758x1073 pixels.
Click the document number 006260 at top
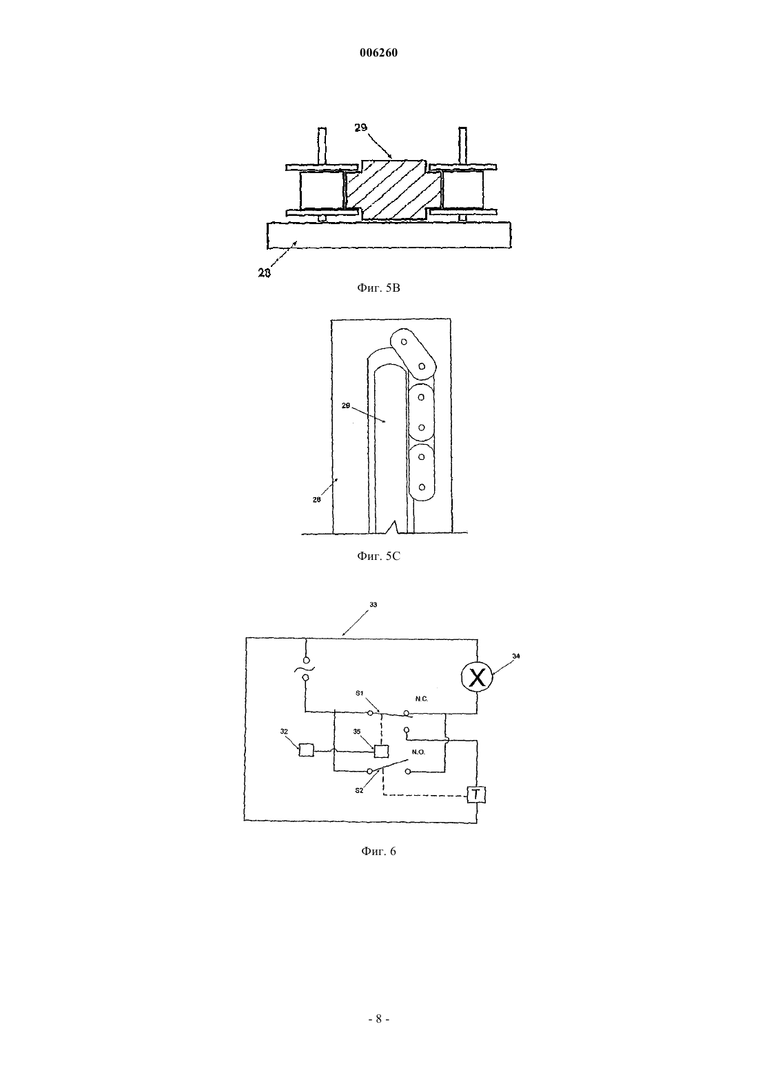pos(378,53)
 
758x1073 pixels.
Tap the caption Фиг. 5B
pos(378,288)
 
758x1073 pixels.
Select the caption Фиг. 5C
pos(378,556)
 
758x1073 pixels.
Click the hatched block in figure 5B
pos(393,190)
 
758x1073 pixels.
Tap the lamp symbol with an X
pos(477,677)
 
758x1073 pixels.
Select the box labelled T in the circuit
pos(476,794)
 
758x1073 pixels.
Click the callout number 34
pos(516,656)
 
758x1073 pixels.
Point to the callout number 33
pos(373,605)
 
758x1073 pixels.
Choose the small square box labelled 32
pos(306,750)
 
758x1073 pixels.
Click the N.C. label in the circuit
pos(422,699)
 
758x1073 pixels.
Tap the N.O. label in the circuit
pos(418,752)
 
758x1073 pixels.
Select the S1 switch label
pos(360,693)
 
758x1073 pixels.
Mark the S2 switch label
pos(359,791)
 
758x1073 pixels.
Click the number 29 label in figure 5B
pos(361,128)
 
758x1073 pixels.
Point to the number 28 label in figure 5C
pos(316,499)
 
